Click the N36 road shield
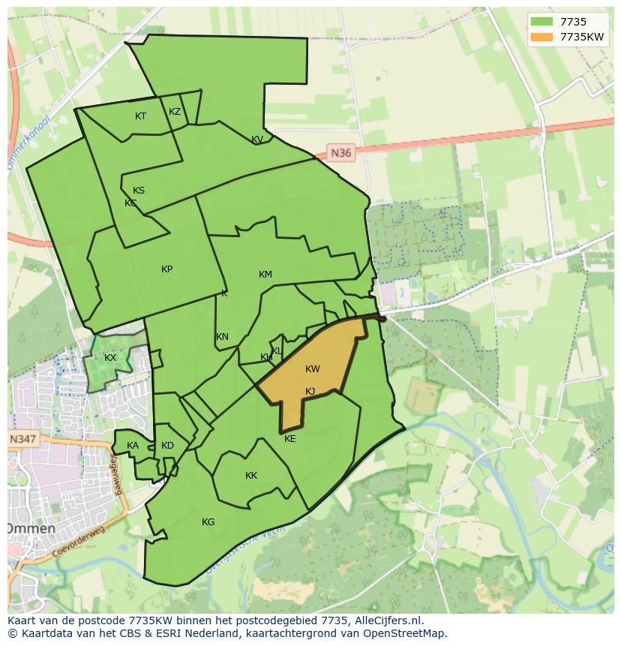click(340, 153)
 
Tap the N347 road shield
click(22, 439)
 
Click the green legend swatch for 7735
click(541, 22)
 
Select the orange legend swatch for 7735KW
click(541, 37)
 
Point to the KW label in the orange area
click(313, 369)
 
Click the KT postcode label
click(140, 116)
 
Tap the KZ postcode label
click(175, 112)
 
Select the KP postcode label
click(166, 269)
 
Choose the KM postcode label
click(265, 275)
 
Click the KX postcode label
click(110, 358)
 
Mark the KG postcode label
click(208, 522)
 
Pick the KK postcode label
click(251, 476)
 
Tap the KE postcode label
click(290, 439)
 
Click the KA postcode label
click(133, 446)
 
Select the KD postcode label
click(167, 446)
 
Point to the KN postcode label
click(222, 337)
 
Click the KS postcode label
click(139, 191)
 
